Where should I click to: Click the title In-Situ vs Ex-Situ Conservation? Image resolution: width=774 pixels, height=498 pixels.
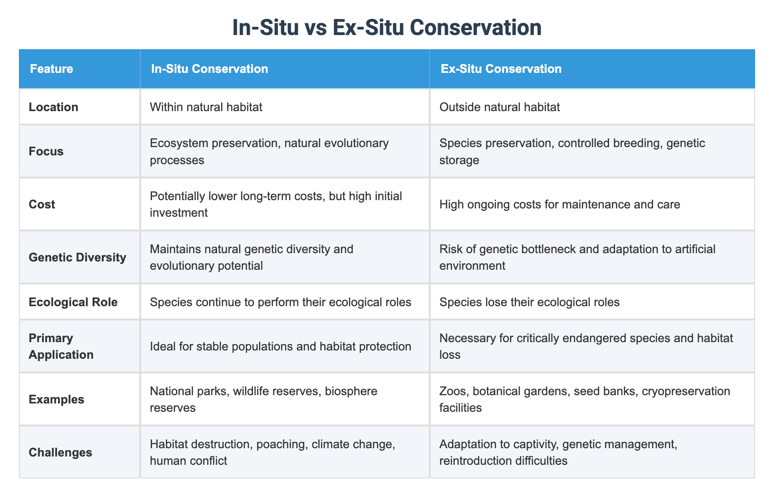point(387,28)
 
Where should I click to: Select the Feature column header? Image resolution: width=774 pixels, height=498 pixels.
point(52,69)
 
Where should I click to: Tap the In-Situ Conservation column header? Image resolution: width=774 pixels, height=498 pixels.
point(210,69)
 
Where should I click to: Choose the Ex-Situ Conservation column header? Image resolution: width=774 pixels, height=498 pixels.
point(501,69)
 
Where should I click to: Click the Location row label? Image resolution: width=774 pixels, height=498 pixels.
point(53,107)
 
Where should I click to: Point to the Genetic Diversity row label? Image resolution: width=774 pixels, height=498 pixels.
point(77,257)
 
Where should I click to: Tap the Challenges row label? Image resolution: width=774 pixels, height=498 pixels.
point(60,452)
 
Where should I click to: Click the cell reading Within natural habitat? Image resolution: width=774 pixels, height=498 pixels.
point(206,107)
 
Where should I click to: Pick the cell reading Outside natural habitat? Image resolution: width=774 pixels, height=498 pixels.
point(499,107)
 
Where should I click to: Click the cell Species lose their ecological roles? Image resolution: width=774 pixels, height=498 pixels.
point(529,302)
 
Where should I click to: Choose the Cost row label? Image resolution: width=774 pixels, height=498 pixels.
point(42,204)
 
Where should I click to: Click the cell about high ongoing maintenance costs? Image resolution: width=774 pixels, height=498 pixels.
point(559,204)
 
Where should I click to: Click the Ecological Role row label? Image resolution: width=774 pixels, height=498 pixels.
point(73,302)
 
